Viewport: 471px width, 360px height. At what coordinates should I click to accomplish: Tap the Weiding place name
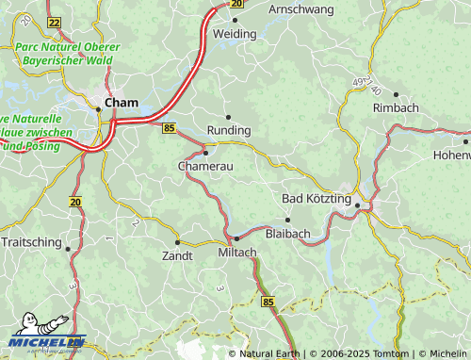235,33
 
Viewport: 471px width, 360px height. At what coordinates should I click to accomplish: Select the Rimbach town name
396,107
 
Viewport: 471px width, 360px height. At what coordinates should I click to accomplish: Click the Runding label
229,130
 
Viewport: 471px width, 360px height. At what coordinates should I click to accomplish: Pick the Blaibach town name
288,233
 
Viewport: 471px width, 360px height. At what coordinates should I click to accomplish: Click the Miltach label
236,254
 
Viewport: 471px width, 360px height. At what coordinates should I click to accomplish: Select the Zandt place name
177,255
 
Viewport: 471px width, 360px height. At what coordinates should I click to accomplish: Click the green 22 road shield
53,22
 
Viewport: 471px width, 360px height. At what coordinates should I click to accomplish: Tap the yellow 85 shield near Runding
169,127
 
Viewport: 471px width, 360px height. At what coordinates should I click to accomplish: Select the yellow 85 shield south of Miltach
268,302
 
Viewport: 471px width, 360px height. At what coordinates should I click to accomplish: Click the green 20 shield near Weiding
235,4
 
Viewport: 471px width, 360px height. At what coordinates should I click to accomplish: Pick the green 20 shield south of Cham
75,202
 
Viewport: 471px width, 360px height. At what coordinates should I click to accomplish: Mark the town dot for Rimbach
396,94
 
